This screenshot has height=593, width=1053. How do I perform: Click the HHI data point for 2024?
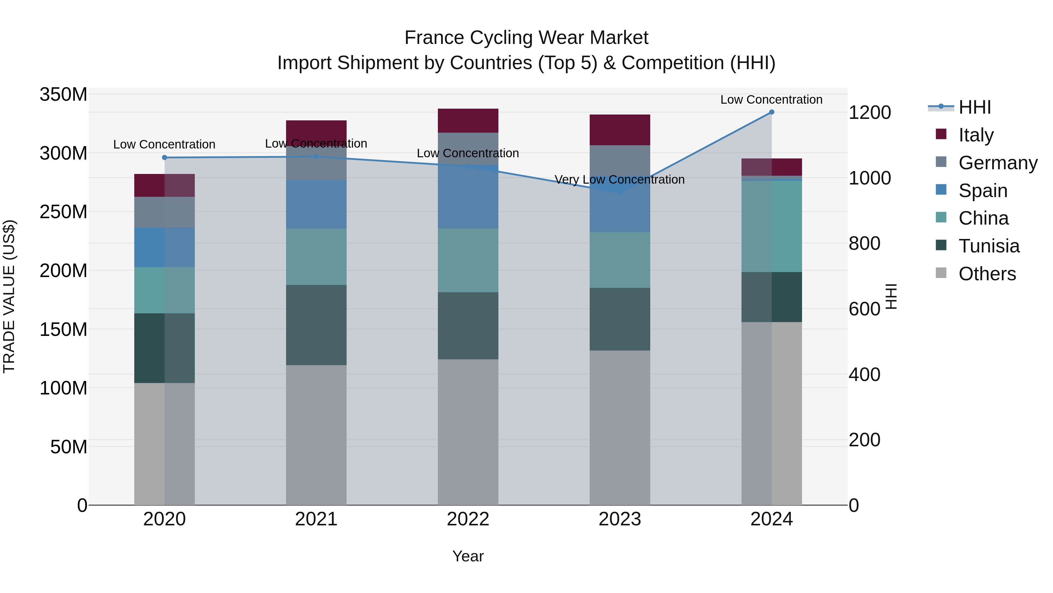pyautogui.click(x=771, y=112)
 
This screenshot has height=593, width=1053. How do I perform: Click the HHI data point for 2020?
pyautogui.click(x=164, y=158)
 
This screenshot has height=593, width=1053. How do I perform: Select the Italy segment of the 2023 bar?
pyautogui.click(x=620, y=130)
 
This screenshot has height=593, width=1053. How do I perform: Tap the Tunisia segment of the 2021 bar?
pyautogui.click(x=316, y=325)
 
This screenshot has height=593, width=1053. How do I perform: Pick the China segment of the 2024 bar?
pyautogui.click(x=771, y=226)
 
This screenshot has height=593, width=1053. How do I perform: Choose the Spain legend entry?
pyautogui.click(x=983, y=191)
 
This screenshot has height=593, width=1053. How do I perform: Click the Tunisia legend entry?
pyautogui.click(x=989, y=246)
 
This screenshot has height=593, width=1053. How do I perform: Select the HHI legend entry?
pyautogui.click(x=975, y=107)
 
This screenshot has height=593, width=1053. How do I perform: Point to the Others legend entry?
pyautogui.click(x=987, y=274)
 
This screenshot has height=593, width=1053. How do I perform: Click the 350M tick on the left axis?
pyautogui.click(x=63, y=95)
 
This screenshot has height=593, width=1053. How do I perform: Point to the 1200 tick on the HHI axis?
pyautogui.click(x=870, y=112)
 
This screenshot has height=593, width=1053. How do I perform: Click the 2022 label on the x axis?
pyautogui.click(x=468, y=519)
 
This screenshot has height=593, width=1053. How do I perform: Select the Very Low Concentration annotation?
pyautogui.click(x=619, y=180)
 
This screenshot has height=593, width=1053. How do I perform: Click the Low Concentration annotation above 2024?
pyautogui.click(x=771, y=100)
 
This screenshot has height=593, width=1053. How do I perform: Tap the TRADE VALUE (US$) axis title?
pyautogui.click(x=9, y=296)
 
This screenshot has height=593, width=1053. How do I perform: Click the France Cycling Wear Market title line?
pyautogui.click(x=526, y=38)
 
